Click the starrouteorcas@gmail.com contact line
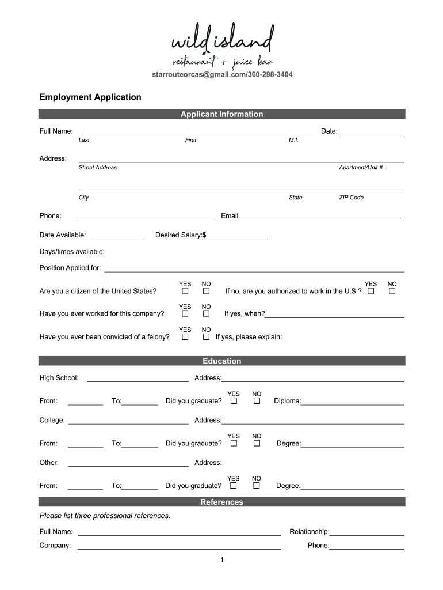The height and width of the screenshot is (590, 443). coord(221,75)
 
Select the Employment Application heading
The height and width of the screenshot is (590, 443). coord(90,97)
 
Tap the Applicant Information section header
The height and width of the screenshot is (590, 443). coord(221,114)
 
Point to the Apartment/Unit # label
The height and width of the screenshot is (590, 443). coord(361,167)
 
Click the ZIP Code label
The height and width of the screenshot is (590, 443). coord(351,197)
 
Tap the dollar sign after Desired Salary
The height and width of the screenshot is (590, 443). coord(204,235)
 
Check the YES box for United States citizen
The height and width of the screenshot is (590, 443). coord(185,291)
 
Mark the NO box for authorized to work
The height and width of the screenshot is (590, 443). coord(392,291)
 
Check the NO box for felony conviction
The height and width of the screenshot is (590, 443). coord(206,337)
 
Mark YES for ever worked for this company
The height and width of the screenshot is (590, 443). coord(185,314)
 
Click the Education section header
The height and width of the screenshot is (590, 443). coord(221,361)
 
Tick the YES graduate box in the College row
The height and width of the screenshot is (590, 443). coord(234,444)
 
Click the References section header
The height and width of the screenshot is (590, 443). coord(221,502)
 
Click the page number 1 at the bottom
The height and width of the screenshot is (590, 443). coord(221,560)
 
